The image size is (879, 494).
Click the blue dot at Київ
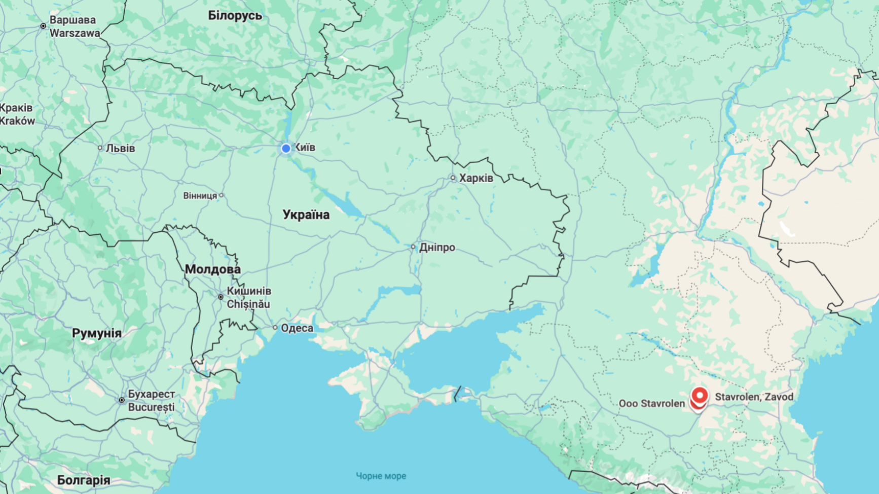click(286, 149)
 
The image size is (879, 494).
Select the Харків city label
click(475, 178)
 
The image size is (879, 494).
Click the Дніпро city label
click(437, 248)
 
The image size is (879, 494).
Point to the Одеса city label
click(297, 328)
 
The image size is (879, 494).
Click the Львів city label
click(120, 148)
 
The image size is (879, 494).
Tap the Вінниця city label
click(200, 196)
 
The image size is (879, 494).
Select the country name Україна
click(306, 215)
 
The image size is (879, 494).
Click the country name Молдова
click(212, 269)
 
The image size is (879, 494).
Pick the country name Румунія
click(97, 333)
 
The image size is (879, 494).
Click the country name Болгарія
click(84, 480)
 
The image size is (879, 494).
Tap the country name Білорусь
click(235, 15)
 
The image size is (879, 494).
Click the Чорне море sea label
click(381, 476)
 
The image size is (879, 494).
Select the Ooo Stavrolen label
click(651, 404)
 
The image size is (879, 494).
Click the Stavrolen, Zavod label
click(754, 397)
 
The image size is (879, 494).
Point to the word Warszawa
click(75, 33)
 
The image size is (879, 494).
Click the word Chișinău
click(248, 304)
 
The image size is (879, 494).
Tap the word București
click(151, 407)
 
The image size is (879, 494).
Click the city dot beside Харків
click(453, 178)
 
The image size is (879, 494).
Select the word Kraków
click(18, 121)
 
